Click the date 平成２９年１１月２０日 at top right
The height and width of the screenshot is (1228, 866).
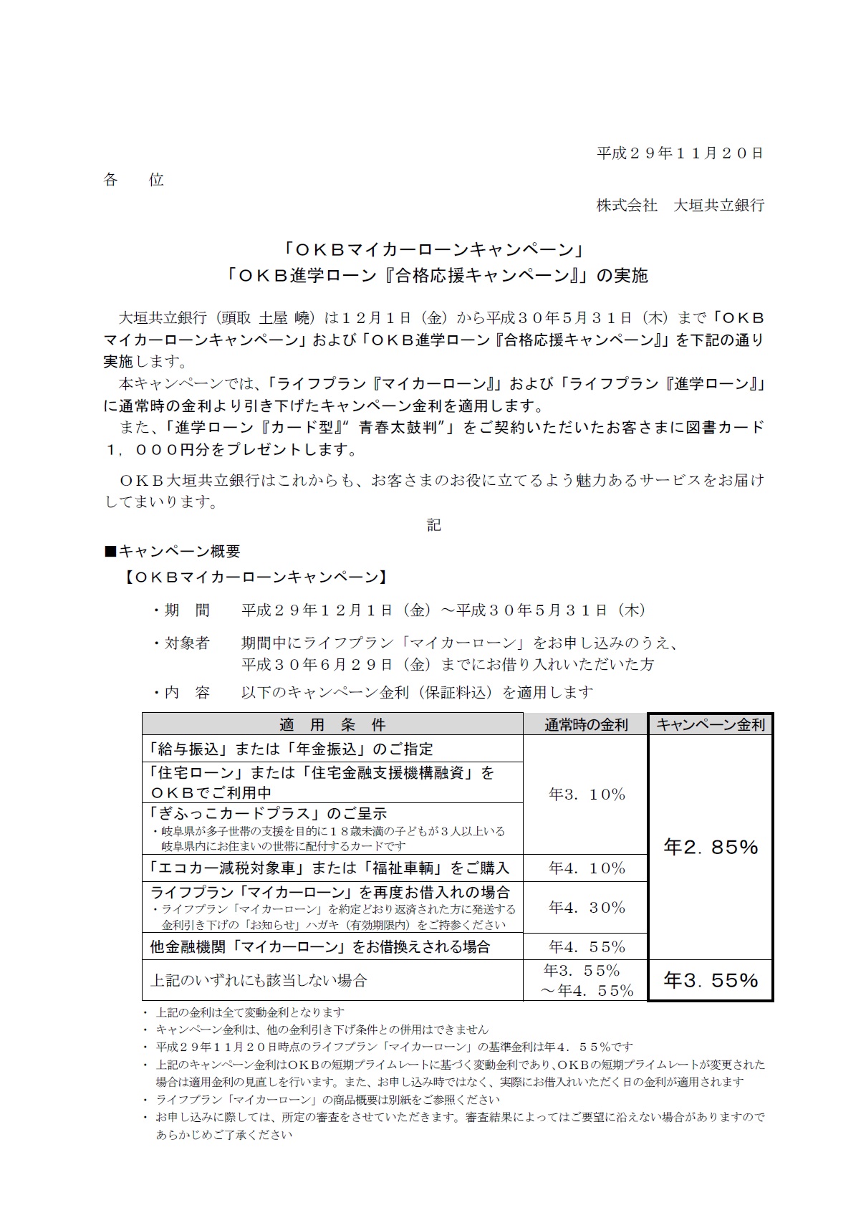tap(680, 153)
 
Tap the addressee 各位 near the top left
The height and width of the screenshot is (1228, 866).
tap(134, 180)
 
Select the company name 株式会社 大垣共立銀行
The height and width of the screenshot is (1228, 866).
tap(680, 206)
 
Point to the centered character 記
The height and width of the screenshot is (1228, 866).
tap(433, 525)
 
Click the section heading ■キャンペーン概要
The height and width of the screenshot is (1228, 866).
tap(173, 552)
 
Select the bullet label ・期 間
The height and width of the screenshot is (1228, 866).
tap(181, 610)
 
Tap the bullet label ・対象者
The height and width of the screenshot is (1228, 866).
tap(181, 643)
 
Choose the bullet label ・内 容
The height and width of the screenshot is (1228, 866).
tap(181, 693)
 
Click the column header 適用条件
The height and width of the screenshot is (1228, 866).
tap(332, 724)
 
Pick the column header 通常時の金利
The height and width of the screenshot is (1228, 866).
tap(586, 724)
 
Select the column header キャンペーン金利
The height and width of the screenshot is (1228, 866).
tap(711, 724)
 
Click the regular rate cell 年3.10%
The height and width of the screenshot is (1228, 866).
tap(587, 795)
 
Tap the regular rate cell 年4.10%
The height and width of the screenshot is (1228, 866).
tap(587, 868)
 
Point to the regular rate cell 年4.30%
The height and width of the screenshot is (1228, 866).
tap(587, 908)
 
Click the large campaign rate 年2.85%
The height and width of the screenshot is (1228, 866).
tap(711, 847)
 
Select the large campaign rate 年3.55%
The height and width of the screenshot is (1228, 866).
tap(711, 980)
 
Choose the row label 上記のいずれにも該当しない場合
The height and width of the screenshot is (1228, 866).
tap(259, 980)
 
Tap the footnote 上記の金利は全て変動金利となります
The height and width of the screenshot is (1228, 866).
tap(250, 1012)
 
